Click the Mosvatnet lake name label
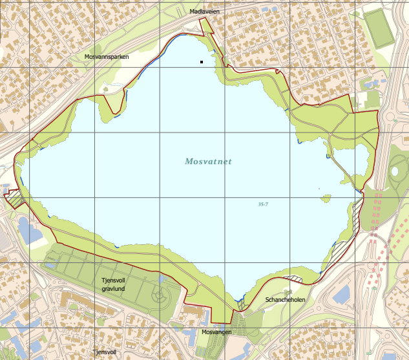pos(208,162)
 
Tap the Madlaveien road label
pos(205,12)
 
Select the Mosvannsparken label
pos(107,57)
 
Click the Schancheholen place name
pos(285,300)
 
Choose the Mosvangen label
pos(216,332)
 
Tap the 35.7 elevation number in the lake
pos(263,204)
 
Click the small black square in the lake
pos(202,62)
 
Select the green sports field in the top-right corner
pos(378,28)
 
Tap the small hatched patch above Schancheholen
pos(295,279)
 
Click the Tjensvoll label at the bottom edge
pos(104,352)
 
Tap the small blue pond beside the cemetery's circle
pos(161,280)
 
